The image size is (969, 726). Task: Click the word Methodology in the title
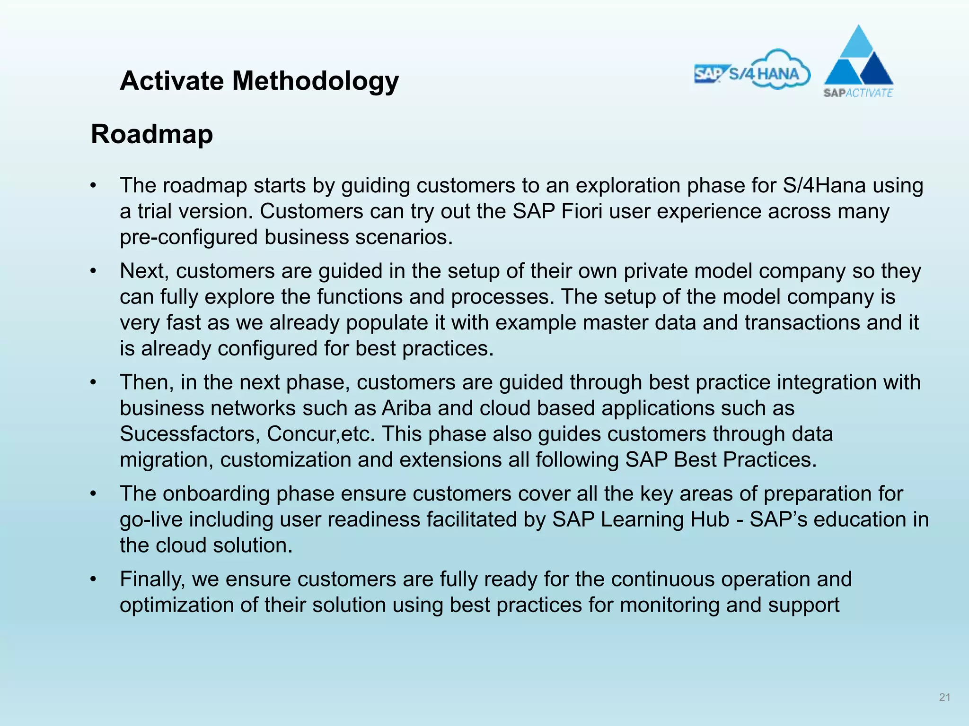[315, 81]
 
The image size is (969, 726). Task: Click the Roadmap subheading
[152, 134]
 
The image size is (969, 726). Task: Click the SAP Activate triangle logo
[858, 61]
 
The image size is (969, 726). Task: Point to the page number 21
[944, 697]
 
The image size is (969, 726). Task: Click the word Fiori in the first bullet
[581, 211]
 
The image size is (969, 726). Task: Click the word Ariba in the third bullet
[406, 408]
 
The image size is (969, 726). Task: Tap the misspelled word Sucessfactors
[190, 434]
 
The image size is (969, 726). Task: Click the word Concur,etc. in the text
[320, 434]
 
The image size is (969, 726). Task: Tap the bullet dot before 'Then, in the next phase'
[94, 383]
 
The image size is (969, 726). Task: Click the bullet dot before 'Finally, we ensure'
[94, 579]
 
